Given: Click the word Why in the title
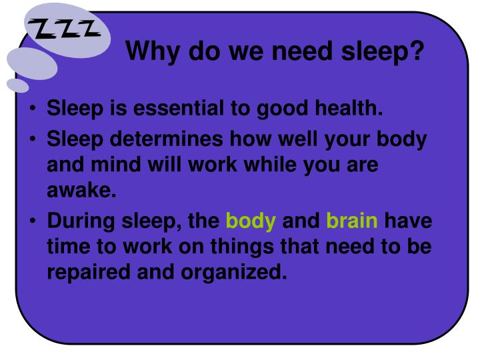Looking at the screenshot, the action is coord(153,51).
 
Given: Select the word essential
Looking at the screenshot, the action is coord(179,108).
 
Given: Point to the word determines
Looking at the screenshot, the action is coord(166,139).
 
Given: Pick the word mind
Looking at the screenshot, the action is coord(116,165).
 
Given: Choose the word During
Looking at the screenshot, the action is coord(81,221).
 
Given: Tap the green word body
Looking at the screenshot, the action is coord(251,221).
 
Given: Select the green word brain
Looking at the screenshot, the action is coord(352,221).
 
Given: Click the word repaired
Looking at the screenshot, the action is coord(89,273).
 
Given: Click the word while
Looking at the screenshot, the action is coord(270,165).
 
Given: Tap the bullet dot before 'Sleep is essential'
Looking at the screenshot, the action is coord(33,109).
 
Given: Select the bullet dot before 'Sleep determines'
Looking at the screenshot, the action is coord(33,139).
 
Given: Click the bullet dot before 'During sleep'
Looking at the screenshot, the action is coord(33,221).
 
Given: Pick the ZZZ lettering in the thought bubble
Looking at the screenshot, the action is coord(64,29).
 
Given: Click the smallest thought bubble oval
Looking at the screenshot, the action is coord(18,85).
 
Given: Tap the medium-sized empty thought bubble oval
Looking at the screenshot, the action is coord(32,64).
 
